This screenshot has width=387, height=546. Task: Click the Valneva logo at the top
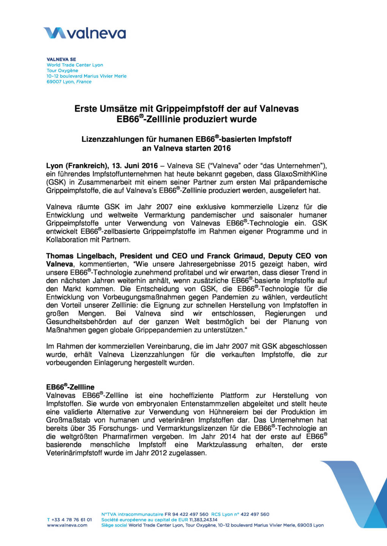coord(84,33)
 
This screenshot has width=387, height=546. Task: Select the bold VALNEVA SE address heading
coord(61,60)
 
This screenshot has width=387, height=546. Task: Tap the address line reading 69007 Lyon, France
coord(69,82)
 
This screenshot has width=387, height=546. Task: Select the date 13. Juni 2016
coord(134,166)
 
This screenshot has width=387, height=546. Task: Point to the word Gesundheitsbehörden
coord(81,322)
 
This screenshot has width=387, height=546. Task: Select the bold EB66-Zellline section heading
coord(70,387)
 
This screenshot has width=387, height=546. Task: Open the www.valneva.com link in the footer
coord(67,525)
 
